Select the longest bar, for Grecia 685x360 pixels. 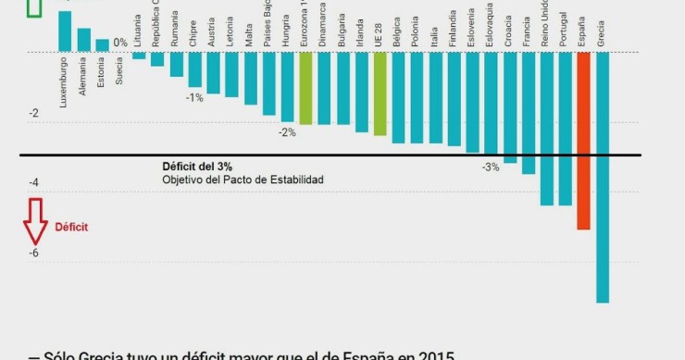click(x=603, y=176)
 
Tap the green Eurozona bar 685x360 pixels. click(x=305, y=88)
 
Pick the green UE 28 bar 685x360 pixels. click(x=380, y=93)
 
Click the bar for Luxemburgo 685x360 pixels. click(x=65, y=31)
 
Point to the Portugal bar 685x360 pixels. click(x=565, y=128)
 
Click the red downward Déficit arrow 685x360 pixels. click(x=35, y=225)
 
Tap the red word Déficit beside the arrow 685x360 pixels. click(x=71, y=226)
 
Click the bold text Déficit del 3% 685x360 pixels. click(x=197, y=166)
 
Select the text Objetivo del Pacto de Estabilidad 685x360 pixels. click(x=243, y=179)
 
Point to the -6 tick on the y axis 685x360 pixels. click(x=34, y=253)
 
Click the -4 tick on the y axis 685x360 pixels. click(x=34, y=183)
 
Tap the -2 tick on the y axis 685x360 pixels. click(x=34, y=114)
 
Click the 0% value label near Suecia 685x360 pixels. click(x=120, y=43)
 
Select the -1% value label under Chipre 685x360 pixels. click(x=194, y=97)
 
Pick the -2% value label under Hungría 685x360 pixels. click(x=287, y=132)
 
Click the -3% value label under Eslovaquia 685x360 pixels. click(x=491, y=167)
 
